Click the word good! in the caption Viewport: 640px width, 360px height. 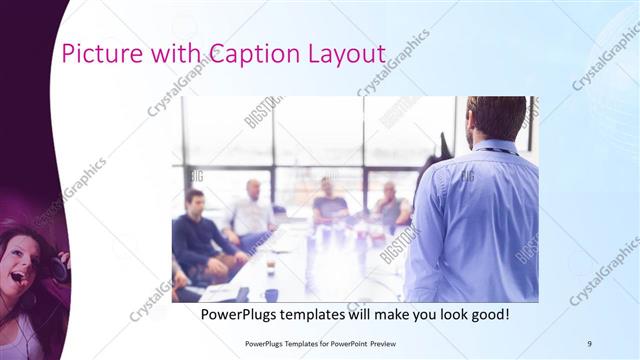coord(488,314)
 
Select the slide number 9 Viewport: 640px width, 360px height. coord(589,343)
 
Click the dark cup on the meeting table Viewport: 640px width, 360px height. coord(271,294)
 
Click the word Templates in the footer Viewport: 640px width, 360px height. coord(294,343)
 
